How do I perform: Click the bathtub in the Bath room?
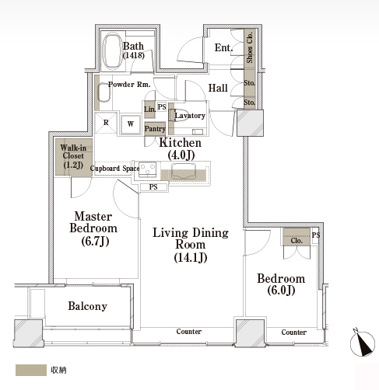113,51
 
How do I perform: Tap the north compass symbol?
363,343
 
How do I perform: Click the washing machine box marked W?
131,124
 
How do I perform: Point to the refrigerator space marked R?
106,123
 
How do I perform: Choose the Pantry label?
155,128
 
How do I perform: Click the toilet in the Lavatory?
174,115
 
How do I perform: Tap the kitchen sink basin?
183,171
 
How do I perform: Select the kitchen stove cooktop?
147,169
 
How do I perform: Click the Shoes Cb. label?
250,47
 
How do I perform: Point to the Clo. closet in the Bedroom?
297,237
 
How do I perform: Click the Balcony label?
87,306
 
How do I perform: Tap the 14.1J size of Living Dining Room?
191,258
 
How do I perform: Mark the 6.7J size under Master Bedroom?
95,242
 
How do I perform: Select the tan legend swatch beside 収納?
31,370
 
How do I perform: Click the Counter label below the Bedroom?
294,333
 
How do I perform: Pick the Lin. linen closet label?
150,109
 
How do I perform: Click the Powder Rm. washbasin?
104,92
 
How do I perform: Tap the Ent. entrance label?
223,47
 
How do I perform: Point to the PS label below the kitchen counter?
153,187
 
